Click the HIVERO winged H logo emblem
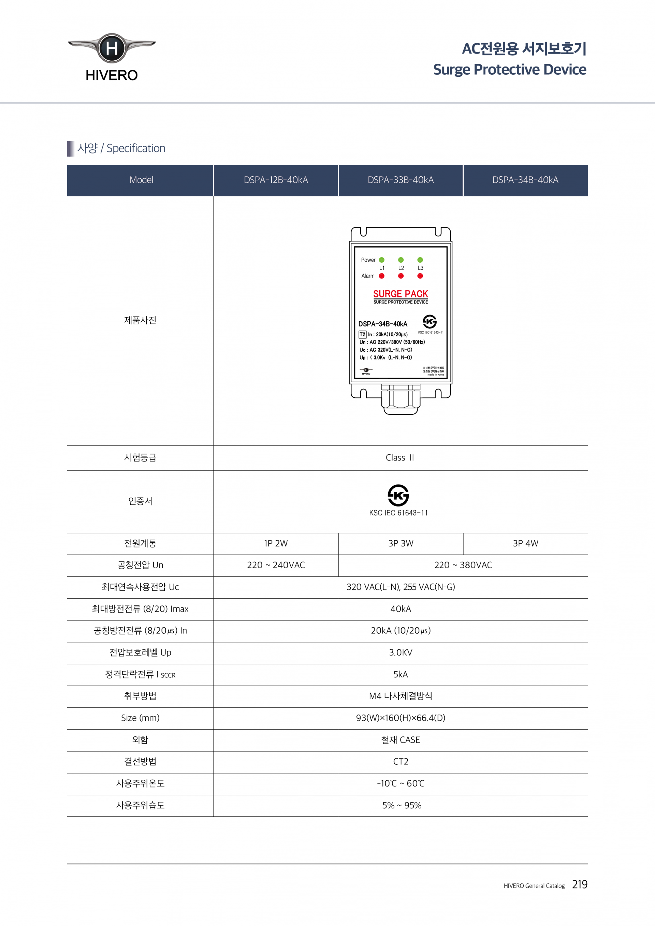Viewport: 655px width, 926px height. tap(112, 48)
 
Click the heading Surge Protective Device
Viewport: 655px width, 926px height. tap(509, 69)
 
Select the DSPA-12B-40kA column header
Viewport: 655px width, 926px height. tap(276, 180)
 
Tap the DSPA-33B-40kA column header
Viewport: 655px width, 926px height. tap(401, 180)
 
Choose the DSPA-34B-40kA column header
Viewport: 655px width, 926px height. tap(525, 180)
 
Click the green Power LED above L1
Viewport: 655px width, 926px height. tap(381, 260)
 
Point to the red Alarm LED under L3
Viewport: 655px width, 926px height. tap(420, 276)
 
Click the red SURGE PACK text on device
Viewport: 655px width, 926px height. tap(401, 294)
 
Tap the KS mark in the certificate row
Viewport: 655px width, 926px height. tap(398, 495)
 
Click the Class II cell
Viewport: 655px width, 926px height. tap(400, 458)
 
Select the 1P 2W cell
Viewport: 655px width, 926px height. tap(276, 543)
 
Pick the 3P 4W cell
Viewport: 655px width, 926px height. tap(525, 543)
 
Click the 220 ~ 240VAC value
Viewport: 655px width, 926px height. tap(276, 565)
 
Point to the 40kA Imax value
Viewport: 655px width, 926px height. tap(401, 608)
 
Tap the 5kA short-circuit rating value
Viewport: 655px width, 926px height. tap(401, 674)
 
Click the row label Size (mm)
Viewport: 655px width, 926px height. tap(140, 718)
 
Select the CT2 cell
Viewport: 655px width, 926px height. tap(401, 762)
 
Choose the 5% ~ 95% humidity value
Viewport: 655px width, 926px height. tap(402, 805)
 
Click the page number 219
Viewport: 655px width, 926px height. tap(580, 884)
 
